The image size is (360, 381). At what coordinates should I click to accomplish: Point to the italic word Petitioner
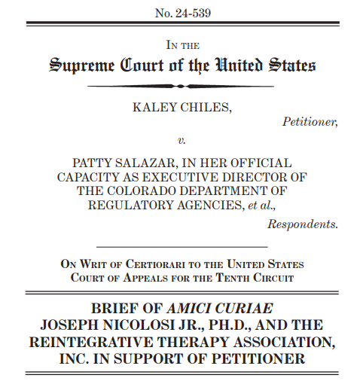point(310,120)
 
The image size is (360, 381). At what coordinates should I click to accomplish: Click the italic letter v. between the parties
point(182,140)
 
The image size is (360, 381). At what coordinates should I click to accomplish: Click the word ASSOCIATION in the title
point(274,342)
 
